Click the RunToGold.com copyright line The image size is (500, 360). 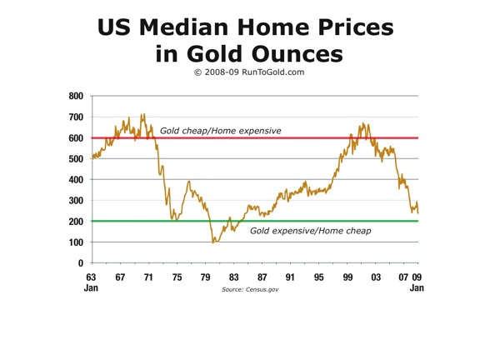pyautogui.click(x=250, y=74)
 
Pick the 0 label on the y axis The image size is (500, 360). pyautogui.click(x=80, y=263)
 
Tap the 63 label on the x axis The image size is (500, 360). pyautogui.click(x=92, y=277)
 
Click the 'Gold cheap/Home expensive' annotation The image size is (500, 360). pyautogui.click(x=220, y=131)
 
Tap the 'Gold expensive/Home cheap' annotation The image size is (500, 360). pyautogui.click(x=310, y=230)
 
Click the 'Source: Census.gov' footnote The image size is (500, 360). pyautogui.click(x=250, y=288)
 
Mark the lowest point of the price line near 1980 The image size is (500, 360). pyautogui.click(x=213, y=242)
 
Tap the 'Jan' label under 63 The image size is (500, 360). pyautogui.click(x=92, y=288)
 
